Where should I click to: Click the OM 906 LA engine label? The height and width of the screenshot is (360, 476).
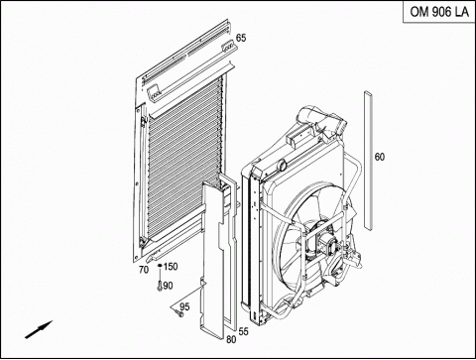(439, 12)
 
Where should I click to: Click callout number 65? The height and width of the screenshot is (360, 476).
(241, 38)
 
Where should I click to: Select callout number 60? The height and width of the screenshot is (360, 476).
(380, 157)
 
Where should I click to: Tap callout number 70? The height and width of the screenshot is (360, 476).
(144, 270)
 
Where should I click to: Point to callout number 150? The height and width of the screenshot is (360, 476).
(171, 266)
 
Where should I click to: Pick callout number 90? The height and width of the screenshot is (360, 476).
(168, 286)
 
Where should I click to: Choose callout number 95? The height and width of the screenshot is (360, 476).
(184, 306)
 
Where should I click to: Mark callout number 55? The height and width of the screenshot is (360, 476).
(243, 331)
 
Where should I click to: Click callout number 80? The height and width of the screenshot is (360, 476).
(231, 339)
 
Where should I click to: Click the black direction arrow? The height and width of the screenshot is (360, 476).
(39, 329)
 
